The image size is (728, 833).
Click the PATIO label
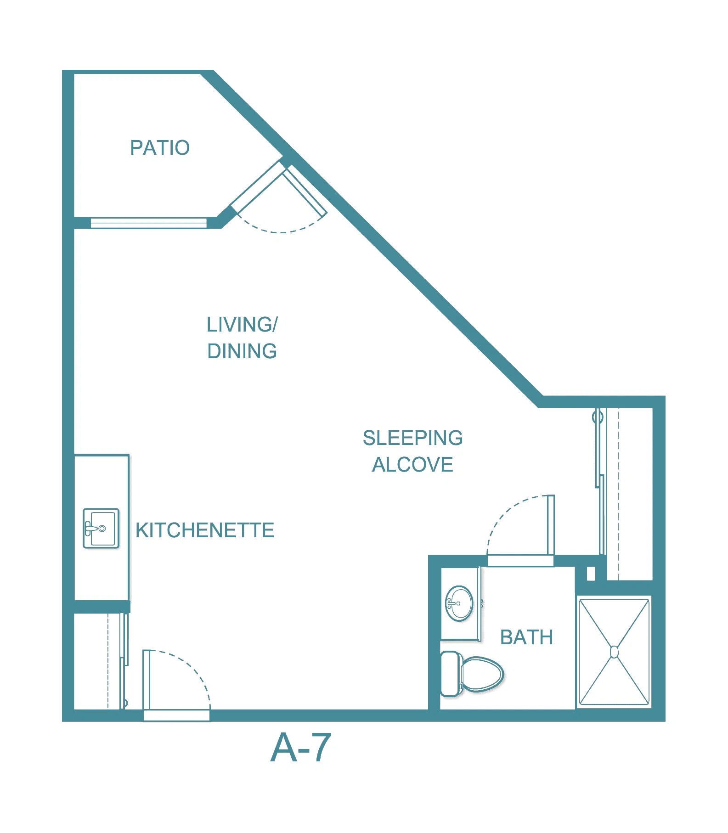160,148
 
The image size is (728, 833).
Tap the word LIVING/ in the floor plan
242,325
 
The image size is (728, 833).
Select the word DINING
242,351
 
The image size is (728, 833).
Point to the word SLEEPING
413,438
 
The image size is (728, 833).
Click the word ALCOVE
413,465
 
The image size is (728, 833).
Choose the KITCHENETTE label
205,530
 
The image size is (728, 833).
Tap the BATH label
526,637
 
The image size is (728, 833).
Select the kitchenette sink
101,528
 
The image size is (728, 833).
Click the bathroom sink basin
459,603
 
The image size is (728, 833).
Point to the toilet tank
450,674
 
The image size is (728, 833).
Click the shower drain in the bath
614,652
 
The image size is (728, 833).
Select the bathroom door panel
550,525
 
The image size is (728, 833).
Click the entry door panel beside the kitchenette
147,680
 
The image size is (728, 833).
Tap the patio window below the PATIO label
148,223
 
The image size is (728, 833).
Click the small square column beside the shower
591,574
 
